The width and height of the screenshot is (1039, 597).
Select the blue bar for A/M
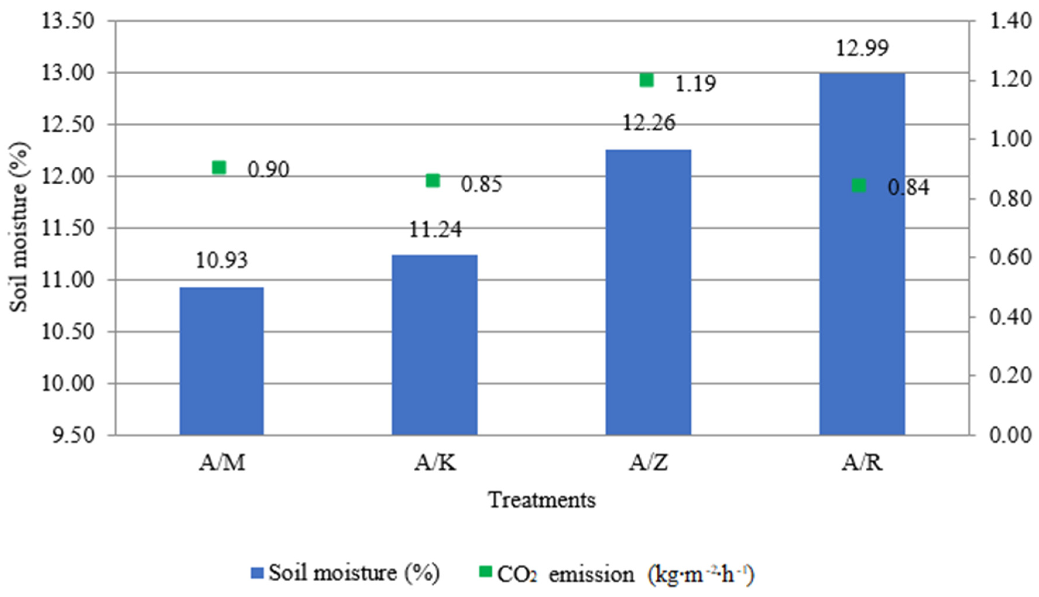(x=222, y=361)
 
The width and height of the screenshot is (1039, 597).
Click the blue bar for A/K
(x=434, y=345)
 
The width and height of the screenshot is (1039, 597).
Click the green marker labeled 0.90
(x=219, y=168)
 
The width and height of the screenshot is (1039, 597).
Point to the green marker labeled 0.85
(x=433, y=180)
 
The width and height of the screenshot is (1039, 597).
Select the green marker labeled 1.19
(x=647, y=80)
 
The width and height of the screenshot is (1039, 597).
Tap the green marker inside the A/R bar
(x=859, y=186)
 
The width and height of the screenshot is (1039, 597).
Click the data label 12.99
(x=862, y=48)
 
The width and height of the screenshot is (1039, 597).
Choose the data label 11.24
(x=435, y=230)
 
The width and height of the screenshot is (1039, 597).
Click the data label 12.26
(x=649, y=123)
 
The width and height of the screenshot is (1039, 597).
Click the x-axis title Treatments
(x=542, y=500)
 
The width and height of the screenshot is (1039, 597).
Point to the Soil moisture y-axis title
(x=19, y=228)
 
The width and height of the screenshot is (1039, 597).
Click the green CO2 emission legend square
(x=486, y=572)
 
